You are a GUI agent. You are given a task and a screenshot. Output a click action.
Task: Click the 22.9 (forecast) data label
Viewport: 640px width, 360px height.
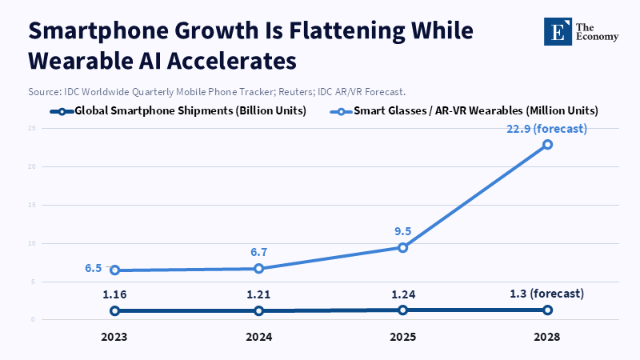pyautogui.click(x=547, y=129)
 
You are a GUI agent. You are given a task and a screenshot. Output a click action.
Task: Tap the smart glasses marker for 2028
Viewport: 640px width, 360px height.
pyautogui.click(x=547, y=145)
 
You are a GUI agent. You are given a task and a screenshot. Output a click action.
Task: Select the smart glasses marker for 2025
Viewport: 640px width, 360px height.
pyautogui.click(x=403, y=247)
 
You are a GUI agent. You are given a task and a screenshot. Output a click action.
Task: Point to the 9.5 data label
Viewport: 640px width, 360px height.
pyautogui.click(x=403, y=231)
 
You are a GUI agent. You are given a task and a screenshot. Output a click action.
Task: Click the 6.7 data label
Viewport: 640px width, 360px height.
pyautogui.click(x=258, y=252)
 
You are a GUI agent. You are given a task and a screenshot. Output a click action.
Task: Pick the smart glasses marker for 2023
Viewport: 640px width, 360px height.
pyautogui.click(x=115, y=270)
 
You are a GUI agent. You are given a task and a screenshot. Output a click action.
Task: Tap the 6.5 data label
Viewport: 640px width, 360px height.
pyautogui.click(x=94, y=269)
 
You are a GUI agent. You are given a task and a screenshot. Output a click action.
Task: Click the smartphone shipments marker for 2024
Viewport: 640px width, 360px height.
pyautogui.click(x=258, y=310)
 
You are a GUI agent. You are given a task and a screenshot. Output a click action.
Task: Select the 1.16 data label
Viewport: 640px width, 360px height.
pyautogui.click(x=115, y=294)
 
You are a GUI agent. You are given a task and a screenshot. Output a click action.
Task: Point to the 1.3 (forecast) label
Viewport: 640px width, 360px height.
pyautogui.click(x=547, y=294)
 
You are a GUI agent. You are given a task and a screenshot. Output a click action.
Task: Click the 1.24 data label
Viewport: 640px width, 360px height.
pyautogui.click(x=403, y=294)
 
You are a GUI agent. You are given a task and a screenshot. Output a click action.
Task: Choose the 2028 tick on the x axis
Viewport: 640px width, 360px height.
pyautogui.click(x=547, y=337)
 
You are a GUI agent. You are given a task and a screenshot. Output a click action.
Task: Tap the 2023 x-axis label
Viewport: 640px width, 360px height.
pyautogui.click(x=115, y=337)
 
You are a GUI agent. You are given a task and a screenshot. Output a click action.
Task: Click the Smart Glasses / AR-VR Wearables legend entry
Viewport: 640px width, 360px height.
pyautogui.click(x=467, y=110)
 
